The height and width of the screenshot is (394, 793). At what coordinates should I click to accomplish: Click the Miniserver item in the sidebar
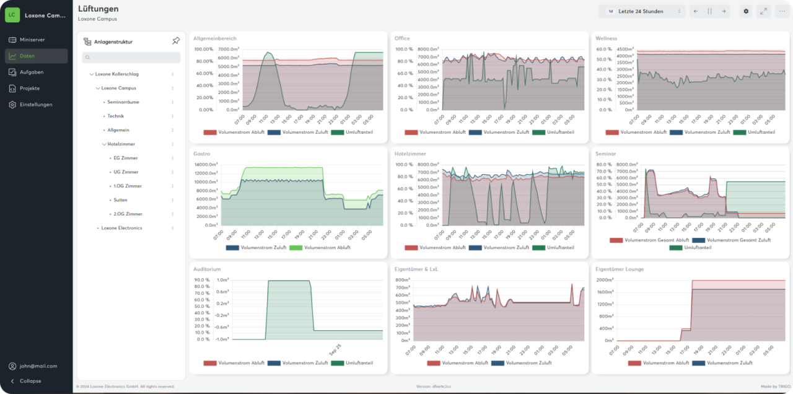pyautogui.click(x=32, y=40)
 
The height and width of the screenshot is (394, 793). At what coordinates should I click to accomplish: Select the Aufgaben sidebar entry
pyautogui.click(x=32, y=72)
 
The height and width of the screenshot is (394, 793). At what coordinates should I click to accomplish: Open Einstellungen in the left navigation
pyautogui.click(x=36, y=105)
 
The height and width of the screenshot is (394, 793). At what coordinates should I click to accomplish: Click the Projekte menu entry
pyautogui.click(x=30, y=89)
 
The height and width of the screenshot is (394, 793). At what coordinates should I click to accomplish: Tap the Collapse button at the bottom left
pyautogui.click(x=30, y=381)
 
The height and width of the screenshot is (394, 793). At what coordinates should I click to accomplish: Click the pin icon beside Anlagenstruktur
pyautogui.click(x=176, y=42)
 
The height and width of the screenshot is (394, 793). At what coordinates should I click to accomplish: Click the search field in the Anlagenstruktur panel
pyautogui.click(x=131, y=58)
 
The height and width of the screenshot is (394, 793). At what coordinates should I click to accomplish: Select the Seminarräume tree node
pyautogui.click(x=123, y=102)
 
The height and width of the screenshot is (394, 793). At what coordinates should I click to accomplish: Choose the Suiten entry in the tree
pyautogui.click(x=120, y=200)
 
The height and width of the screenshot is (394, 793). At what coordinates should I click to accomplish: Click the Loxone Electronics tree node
pyautogui.click(x=121, y=228)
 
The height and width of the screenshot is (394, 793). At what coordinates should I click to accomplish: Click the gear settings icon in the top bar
pyautogui.click(x=746, y=11)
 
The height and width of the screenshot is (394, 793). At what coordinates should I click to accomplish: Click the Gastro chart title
pyautogui.click(x=201, y=154)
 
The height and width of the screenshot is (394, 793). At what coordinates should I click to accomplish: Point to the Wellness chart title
pyautogui.click(x=606, y=38)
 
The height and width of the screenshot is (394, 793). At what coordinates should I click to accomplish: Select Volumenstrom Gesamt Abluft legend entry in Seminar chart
pyautogui.click(x=656, y=240)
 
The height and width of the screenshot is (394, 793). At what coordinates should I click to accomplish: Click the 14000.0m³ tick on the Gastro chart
pyautogui.click(x=204, y=165)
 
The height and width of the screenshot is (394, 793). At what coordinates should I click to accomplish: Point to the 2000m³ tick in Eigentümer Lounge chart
pyautogui.click(x=605, y=280)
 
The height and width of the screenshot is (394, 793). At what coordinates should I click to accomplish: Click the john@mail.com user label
pyautogui.click(x=38, y=366)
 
